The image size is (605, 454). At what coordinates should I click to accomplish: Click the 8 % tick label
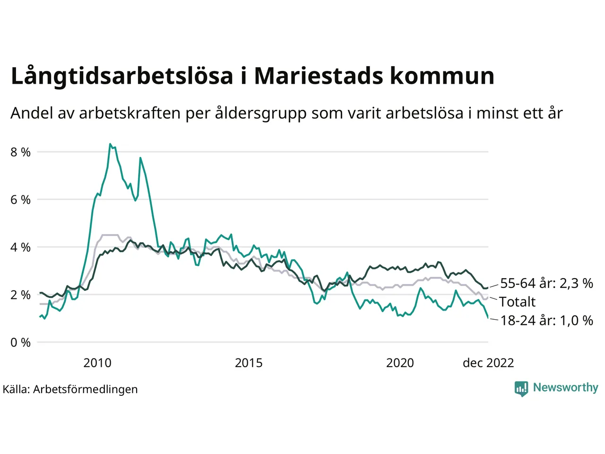20,152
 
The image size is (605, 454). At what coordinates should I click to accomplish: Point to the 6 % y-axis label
20,200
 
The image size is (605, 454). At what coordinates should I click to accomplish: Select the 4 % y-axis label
20,247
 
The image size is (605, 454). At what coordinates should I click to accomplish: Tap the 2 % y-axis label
20,295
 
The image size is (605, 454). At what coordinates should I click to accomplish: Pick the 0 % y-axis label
20,342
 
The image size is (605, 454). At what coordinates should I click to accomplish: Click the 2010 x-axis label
97,363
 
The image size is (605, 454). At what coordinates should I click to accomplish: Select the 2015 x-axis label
249,363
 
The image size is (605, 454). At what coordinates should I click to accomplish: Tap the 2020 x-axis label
400,363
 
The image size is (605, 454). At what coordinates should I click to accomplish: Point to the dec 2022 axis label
488,363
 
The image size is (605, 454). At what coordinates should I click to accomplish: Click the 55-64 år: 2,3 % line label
546,283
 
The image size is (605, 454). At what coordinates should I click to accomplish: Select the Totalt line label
517,302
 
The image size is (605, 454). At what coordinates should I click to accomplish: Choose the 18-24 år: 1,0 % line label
546,321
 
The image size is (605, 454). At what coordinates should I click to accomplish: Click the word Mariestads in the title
318,76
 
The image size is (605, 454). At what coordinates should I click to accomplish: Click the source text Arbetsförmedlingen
86,390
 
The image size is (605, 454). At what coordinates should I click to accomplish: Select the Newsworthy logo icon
521,389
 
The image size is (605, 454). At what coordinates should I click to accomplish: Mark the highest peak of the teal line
110,144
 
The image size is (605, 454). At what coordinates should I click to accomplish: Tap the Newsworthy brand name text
565,388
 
